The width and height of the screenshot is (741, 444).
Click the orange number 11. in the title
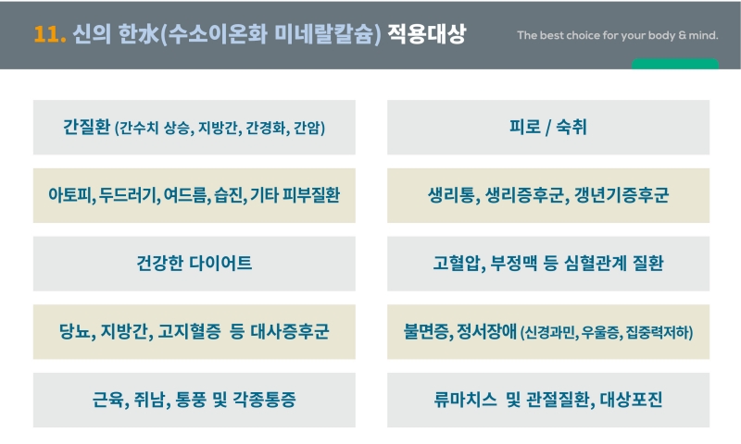[x=50, y=34]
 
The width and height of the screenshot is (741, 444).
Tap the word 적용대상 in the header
[x=427, y=34]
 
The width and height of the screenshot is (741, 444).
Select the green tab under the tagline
[x=675, y=64]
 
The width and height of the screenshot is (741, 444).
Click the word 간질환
[x=86, y=127]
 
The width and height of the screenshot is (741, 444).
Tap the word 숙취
[x=571, y=127]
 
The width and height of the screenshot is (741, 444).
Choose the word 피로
[x=524, y=127]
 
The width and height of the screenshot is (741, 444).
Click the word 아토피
[x=70, y=195]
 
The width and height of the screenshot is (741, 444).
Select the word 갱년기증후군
[x=622, y=195]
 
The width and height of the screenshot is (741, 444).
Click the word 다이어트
[x=220, y=263]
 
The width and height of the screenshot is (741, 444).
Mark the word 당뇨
[x=75, y=331]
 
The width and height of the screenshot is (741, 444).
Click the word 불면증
[x=426, y=331]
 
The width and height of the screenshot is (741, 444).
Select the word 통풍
[x=191, y=400]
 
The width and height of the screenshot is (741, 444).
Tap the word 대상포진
[x=632, y=400]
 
